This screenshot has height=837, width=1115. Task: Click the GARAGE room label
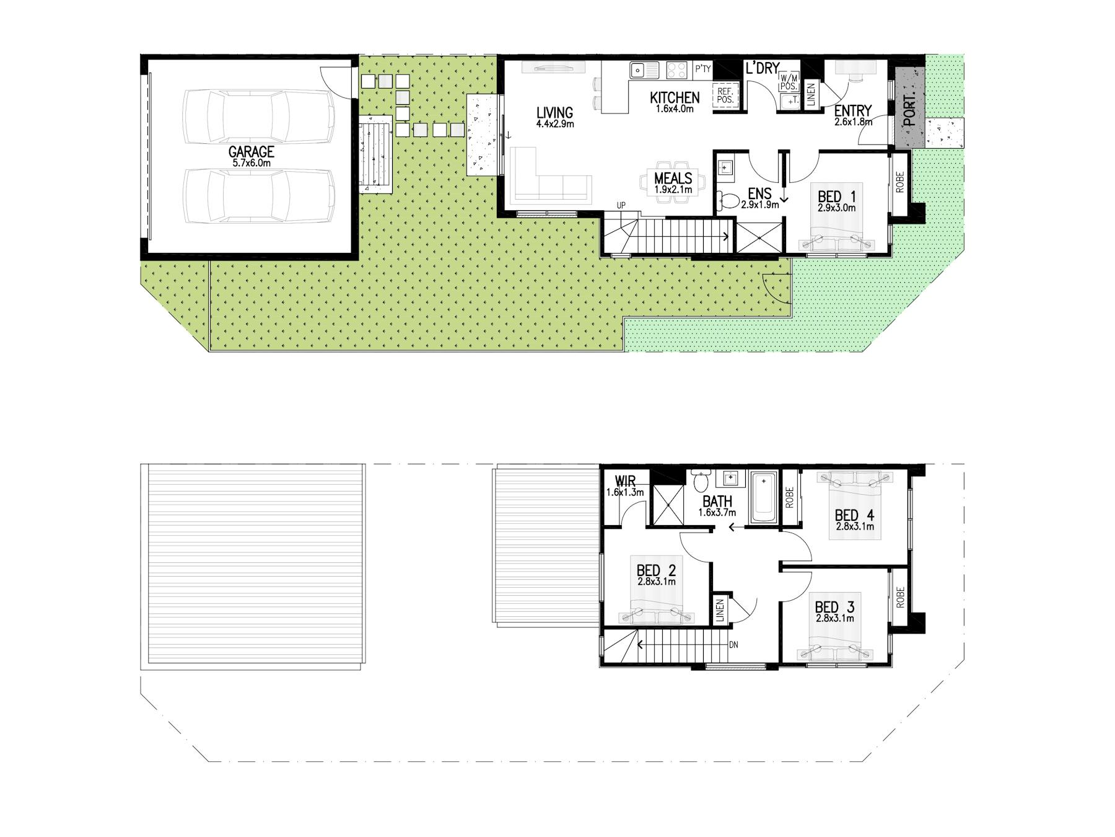251,152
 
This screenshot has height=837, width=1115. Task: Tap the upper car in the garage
258,117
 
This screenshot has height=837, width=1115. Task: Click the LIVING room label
554,113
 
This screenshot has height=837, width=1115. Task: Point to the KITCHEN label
675,97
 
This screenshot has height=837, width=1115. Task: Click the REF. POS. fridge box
725,95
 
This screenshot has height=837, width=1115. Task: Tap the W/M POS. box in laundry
789,81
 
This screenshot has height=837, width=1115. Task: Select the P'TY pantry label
702,69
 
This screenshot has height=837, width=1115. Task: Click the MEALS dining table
673,182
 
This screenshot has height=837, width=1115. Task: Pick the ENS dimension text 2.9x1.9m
759,205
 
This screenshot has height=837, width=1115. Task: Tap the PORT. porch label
909,111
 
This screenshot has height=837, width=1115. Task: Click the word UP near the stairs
621,205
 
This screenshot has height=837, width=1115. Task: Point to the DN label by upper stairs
733,645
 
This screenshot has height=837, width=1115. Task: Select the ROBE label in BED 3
899,596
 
